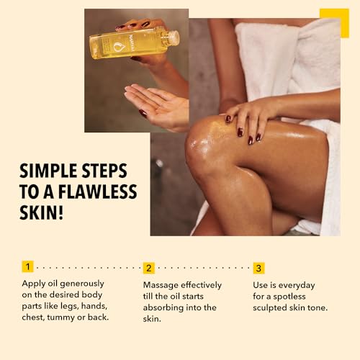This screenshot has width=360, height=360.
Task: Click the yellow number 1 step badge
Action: coord(27,268)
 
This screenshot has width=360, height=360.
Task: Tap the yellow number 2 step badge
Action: coord(149,268)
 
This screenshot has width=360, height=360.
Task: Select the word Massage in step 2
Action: coord(163,284)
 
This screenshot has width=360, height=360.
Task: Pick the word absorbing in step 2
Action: coord(167,307)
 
